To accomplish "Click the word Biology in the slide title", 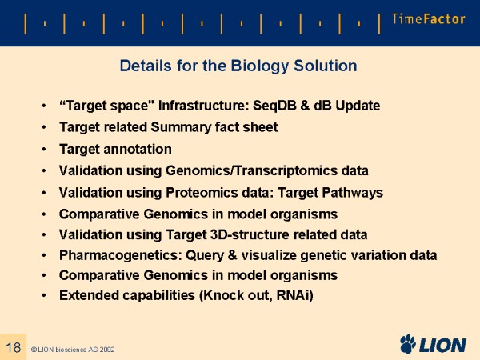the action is click(259, 66).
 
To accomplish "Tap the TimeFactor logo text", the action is click(428, 19).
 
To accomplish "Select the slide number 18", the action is click(13, 347).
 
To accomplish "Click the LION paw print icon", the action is click(408, 343).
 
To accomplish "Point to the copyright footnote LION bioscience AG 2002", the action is click(73, 350).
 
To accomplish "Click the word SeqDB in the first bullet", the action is click(274, 106).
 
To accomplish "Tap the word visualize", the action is click(269, 255).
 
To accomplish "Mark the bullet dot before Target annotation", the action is click(44, 150).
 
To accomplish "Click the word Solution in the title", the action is click(326, 66).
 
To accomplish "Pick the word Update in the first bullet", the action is click(358, 106).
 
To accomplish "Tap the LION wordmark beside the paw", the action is click(442, 345).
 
